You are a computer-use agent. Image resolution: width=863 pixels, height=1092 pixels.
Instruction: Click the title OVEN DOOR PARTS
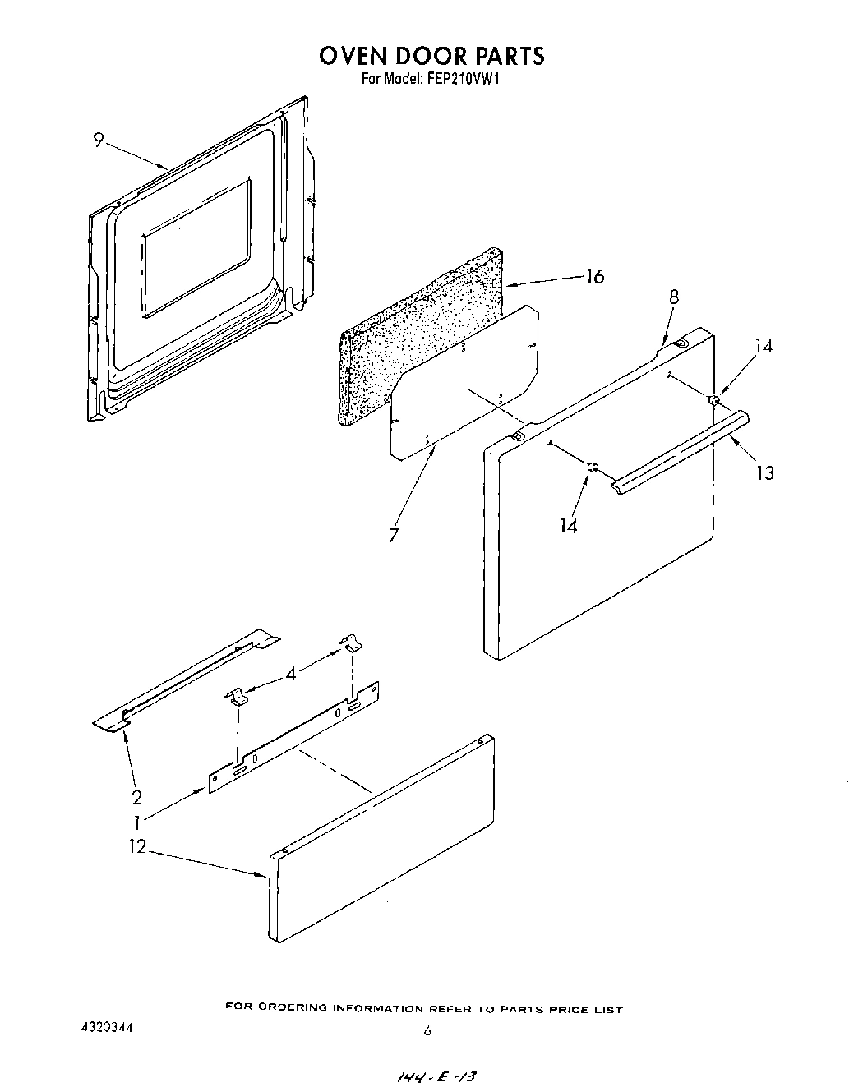tap(431, 55)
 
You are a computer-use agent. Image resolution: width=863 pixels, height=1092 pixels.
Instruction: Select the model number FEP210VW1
tap(464, 81)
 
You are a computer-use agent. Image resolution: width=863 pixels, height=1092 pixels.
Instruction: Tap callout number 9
tap(98, 141)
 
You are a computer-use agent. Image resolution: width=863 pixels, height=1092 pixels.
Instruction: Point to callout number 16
tap(594, 277)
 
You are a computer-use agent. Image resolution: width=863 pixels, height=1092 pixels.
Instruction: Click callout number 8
tap(674, 297)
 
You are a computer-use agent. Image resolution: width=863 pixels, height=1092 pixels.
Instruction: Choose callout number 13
tap(764, 472)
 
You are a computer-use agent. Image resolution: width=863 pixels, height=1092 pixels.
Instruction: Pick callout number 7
tap(394, 535)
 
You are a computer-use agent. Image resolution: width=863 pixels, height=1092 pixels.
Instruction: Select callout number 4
tap(290, 673)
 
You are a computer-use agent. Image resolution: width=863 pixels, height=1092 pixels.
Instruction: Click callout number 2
tap(136, 796)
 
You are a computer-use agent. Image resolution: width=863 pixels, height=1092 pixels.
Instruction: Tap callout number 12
tap(136, 847)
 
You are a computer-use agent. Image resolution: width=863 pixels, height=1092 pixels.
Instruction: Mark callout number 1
tap(136, 821)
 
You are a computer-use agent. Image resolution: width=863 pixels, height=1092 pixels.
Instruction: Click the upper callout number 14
tap(764, 346)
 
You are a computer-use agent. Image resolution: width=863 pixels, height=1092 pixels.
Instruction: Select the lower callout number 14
tap(568, 526)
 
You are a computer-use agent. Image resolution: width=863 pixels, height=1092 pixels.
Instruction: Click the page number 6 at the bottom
tap(427, 1031)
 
